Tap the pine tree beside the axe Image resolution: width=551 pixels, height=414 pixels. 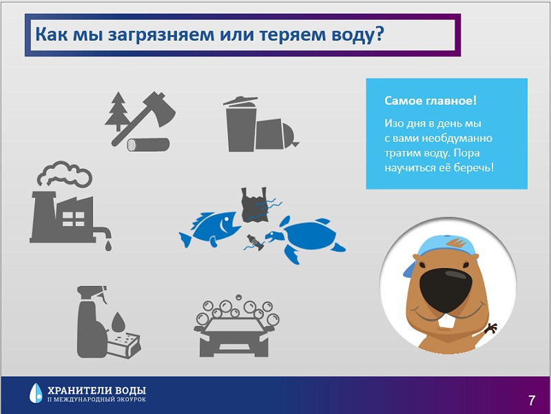click(x=117, y=111)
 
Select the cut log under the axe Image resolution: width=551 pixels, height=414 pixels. click(x=148, y=145)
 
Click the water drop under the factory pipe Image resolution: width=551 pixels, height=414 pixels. click(x=108, y=246)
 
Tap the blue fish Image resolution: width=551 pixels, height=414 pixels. click(x=210, y=229)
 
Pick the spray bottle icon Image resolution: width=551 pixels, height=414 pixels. click(x=91, y=322)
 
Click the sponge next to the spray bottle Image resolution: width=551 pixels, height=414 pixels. click(x=124, y=345)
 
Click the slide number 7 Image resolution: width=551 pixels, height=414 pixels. click(x=532, y=400)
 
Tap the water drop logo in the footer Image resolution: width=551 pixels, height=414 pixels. click(x=36, y=393)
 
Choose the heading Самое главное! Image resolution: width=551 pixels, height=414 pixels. click(x=430, y=101)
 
